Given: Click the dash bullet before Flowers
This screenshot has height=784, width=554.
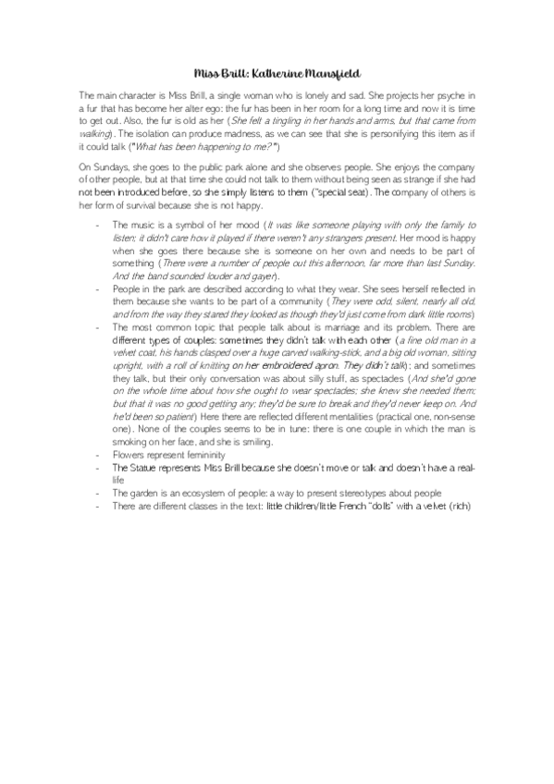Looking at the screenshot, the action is tap(99, 455).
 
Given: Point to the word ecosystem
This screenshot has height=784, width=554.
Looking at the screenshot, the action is tap(206, 494).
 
